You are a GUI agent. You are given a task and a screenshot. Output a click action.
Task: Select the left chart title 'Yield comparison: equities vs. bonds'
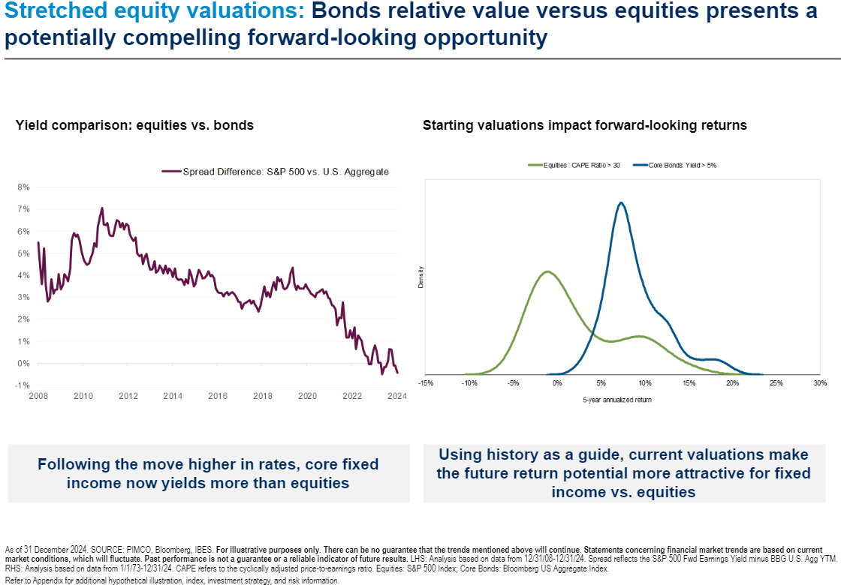coord(134,125)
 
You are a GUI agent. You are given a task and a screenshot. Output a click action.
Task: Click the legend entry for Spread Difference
coord(285,172)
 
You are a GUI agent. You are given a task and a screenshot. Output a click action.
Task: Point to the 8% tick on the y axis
coord(23,187)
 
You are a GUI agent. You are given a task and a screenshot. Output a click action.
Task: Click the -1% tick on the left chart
coord(23,386)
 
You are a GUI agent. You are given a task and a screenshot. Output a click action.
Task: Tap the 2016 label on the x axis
coord(218,396)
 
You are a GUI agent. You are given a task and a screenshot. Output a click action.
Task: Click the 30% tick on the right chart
coord(819,383)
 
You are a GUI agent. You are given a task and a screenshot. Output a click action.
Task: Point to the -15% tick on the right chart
coord(426,383)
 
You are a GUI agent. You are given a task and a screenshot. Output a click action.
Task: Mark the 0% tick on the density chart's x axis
coord(557,383)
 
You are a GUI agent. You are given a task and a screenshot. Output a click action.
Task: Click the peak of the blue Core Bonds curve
coord(620,202)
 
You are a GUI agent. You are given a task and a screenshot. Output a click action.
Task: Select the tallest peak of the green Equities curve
coord(547,271)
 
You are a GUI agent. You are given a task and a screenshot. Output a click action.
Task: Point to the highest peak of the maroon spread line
coord(101,208)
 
